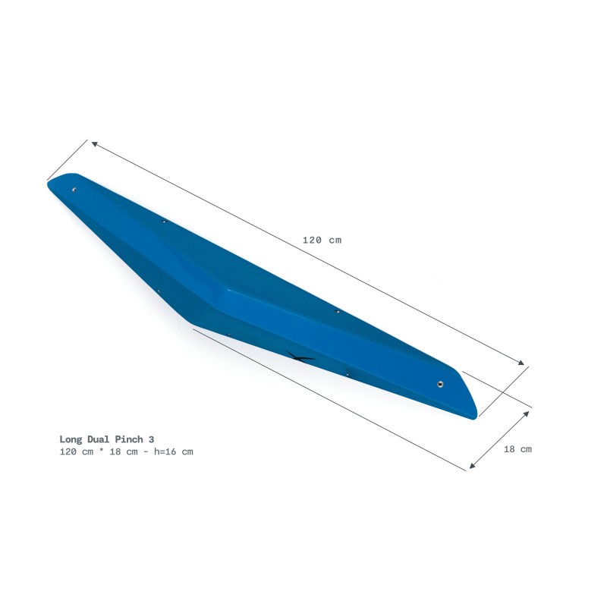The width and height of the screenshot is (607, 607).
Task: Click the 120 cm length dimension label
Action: [322, 240]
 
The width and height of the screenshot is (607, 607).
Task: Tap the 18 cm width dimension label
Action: [517, 448]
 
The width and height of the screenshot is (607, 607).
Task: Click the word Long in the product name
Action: [72, 439]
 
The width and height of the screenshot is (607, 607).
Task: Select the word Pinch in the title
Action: [133, 439]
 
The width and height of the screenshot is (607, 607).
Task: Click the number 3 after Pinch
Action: [153, 439]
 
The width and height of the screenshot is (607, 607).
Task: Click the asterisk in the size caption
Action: [100, 451]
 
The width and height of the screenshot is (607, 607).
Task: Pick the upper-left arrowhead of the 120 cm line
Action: [93, 143]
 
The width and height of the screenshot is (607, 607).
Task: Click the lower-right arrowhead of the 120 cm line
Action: [523, 363]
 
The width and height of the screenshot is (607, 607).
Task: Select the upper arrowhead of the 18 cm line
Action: [527, 414]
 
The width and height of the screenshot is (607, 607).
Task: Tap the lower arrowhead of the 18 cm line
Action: [472, 466]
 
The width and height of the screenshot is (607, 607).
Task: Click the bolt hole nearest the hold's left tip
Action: [74, 190]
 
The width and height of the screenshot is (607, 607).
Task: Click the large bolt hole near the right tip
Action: [441, 385]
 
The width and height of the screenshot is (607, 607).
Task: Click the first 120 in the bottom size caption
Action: [68, 451]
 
